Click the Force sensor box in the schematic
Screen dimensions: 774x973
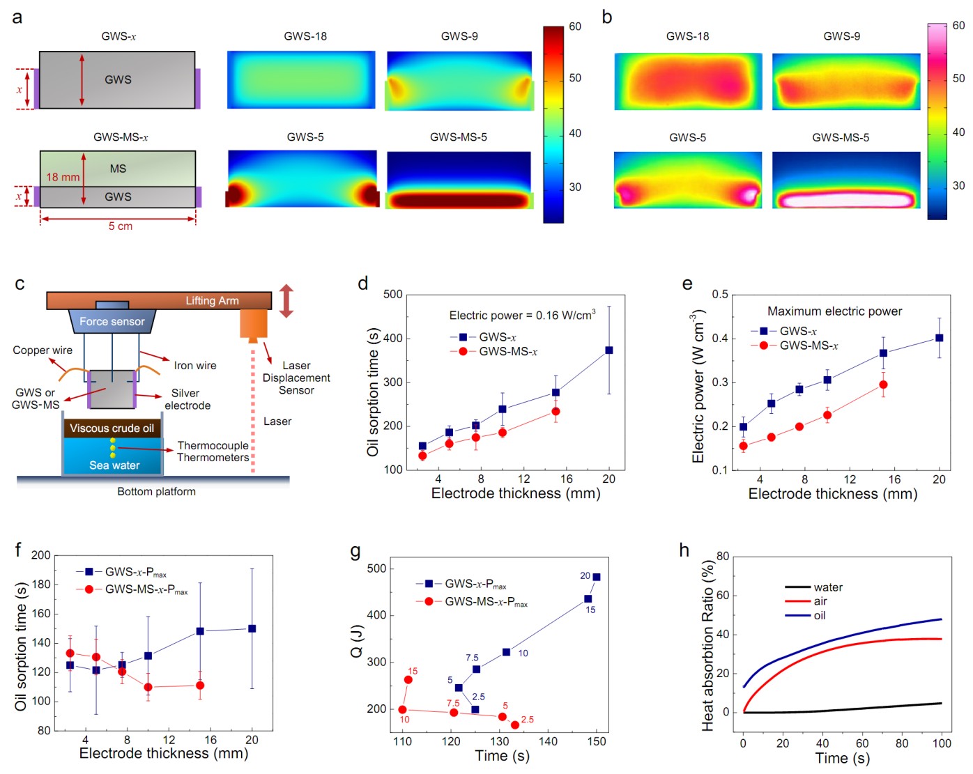coord(112,321)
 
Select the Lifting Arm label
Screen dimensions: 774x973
coord(212,300)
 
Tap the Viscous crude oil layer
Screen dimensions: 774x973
coord(112,428)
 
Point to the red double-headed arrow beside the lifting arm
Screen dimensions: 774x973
coord(286,301)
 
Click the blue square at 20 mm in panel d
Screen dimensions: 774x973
coord(609,350)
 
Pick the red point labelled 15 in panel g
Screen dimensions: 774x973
coord(408,680)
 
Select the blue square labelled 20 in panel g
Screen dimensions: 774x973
coord(597,577)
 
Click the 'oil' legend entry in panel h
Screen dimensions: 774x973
coord(820,616)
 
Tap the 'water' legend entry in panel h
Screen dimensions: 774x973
coord(828,587)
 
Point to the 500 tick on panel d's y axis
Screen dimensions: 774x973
coord(393,295)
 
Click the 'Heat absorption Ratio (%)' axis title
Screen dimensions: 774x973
coord(708,644)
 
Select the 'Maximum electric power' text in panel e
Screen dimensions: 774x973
coord(834,311)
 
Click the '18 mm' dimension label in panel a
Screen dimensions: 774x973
coord(63,178)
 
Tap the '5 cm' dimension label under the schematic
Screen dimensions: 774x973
coord(120,226)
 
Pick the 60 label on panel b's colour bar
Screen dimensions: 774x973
coord(958,26)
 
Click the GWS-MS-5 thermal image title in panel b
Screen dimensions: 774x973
coord(841,137)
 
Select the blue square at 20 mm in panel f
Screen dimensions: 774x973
coord(252,628)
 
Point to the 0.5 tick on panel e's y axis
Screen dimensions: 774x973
coord(720,295)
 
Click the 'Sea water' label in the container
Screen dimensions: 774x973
coord(114,465)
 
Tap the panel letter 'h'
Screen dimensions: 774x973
coord(684,550)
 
